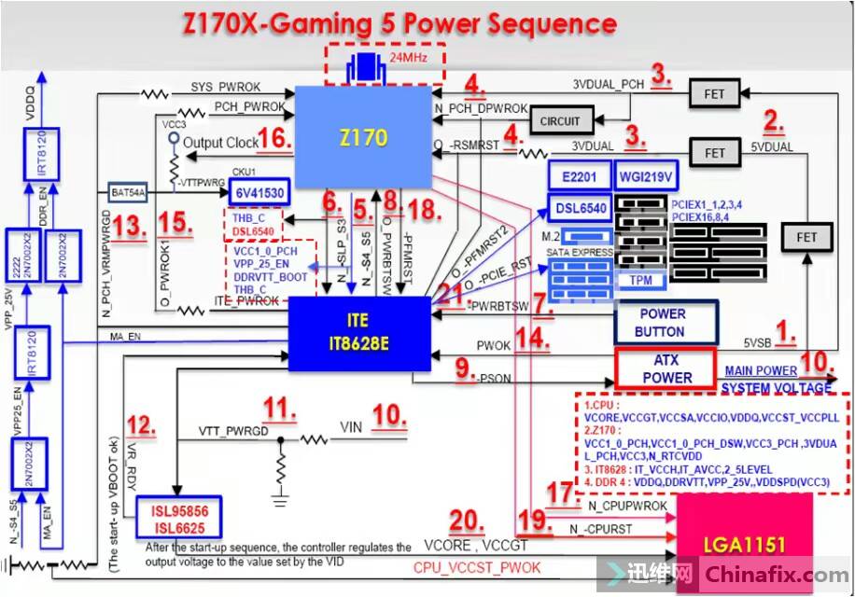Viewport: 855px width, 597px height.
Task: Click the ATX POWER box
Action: pos(666,369)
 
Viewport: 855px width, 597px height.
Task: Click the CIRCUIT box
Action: pos(560,121)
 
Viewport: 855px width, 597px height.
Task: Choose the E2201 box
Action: pos(578,178)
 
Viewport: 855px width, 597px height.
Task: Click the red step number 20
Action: pos(467,522)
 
